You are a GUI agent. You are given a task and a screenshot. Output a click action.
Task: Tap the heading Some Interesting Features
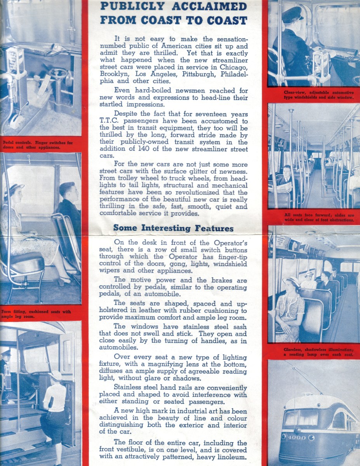(x=173, y=228)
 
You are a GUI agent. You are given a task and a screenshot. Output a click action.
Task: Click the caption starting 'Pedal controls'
(x=38, y=145)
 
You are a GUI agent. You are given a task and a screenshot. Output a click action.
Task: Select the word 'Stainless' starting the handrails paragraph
(x=130, y=388)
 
